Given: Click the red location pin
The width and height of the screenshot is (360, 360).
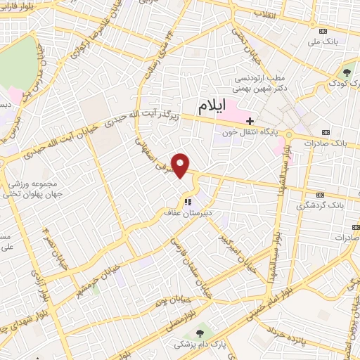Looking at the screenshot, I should (181, 165).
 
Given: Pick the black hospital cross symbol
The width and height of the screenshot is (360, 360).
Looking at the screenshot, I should (250, 121).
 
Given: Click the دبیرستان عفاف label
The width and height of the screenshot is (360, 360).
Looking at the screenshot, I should (188, 212).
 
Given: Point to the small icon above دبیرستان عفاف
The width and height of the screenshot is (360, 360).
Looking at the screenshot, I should (188, 201).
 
